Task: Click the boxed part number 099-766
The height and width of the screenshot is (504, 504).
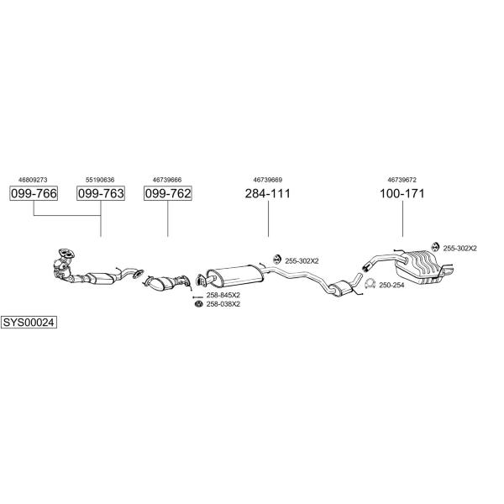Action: click(34, 193)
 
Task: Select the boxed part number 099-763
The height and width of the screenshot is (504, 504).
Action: click(101, 193)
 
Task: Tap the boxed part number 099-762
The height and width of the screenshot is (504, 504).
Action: click(168, 193)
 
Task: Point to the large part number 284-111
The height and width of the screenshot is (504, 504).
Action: click(268, 193)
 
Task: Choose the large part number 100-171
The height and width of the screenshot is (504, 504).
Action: click(402, 193)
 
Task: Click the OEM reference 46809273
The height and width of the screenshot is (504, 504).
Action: click(33, 180)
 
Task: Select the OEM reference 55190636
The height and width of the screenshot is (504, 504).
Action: click(100, 180)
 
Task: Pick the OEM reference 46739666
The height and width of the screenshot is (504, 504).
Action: click(167, 180)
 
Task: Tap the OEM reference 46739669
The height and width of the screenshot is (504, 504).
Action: click(268, 180)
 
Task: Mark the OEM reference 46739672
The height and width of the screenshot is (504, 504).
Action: click(402, 180)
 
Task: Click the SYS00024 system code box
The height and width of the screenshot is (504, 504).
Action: click(29, 322)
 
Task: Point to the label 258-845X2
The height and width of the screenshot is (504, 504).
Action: click(223, 295)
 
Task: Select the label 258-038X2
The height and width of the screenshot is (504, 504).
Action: click(223, 304)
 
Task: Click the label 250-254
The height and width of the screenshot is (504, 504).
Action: click(391, 285)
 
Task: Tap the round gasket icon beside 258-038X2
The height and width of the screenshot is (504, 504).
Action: click(199, 304)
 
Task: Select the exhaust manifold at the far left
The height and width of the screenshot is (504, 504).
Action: click(64, 265)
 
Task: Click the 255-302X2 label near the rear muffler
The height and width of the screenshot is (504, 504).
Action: click(460, 249)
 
